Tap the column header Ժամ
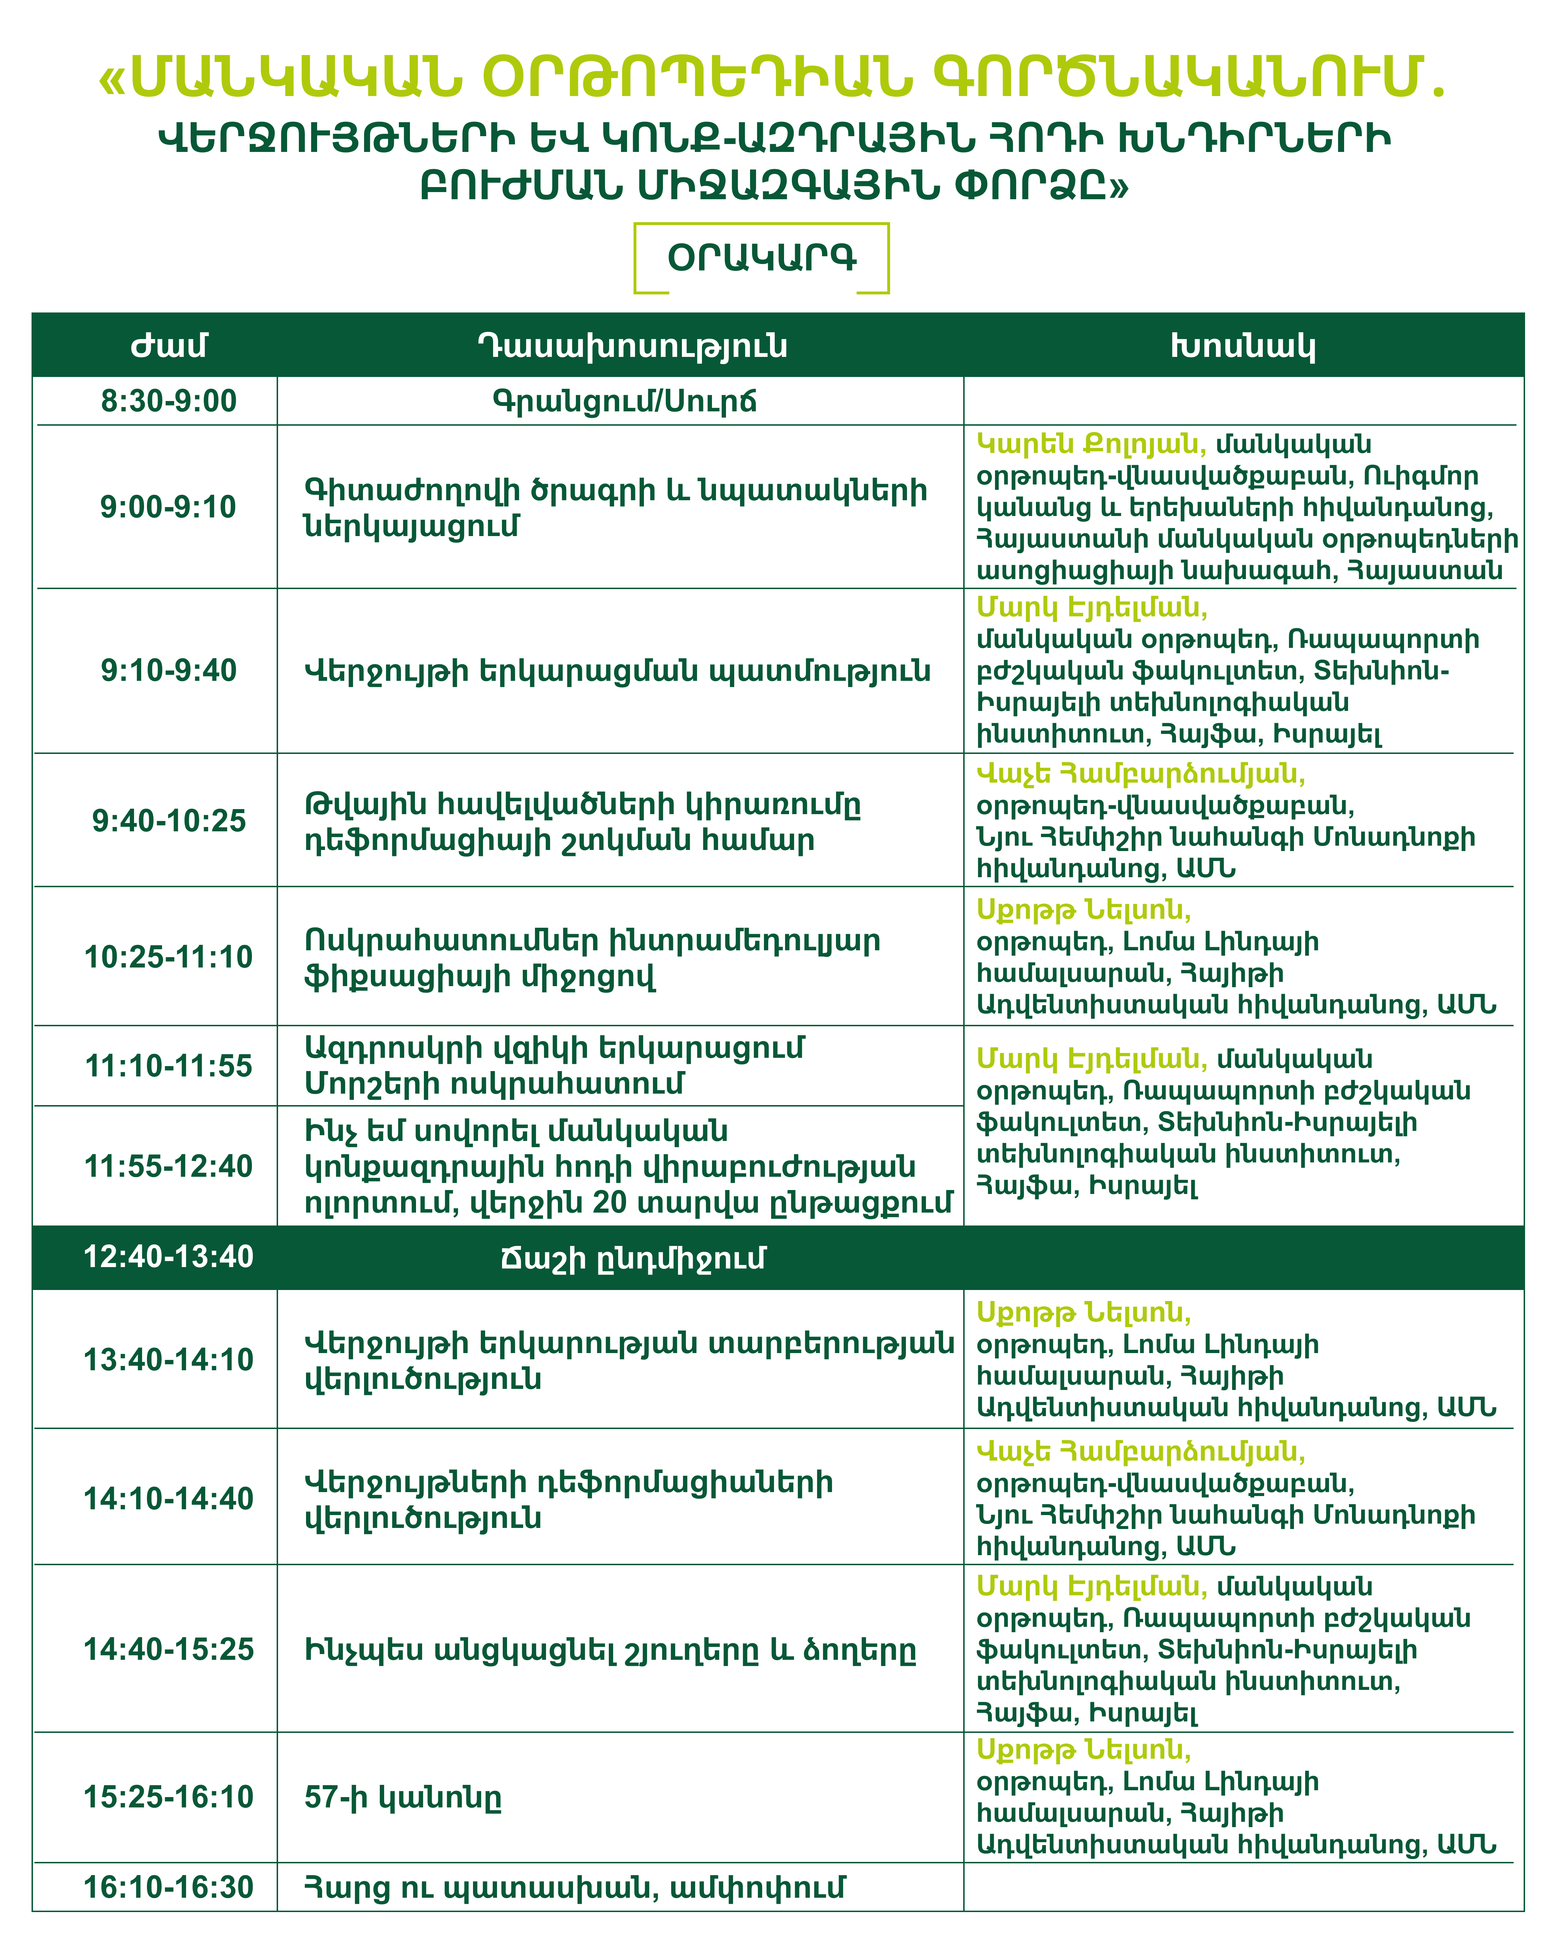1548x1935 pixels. click(x=169, y=345)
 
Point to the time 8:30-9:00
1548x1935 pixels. click(x=169, y=401)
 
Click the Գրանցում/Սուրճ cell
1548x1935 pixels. click(x=625, y=401)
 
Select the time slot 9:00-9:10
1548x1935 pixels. click(x=169, y=507)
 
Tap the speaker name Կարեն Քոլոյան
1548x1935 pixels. click(x=1090, y=444)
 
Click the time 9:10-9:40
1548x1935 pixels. click(x=169, y=670)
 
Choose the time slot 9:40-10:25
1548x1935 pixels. click(x=169, y=820)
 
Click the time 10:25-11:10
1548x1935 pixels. click(x=169, y=957)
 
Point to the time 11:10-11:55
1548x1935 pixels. click(x=169, y=1066)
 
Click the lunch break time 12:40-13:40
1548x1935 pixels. click(x=169, y=1256)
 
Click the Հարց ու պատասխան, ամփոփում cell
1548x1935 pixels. click(x=574, y=1887)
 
